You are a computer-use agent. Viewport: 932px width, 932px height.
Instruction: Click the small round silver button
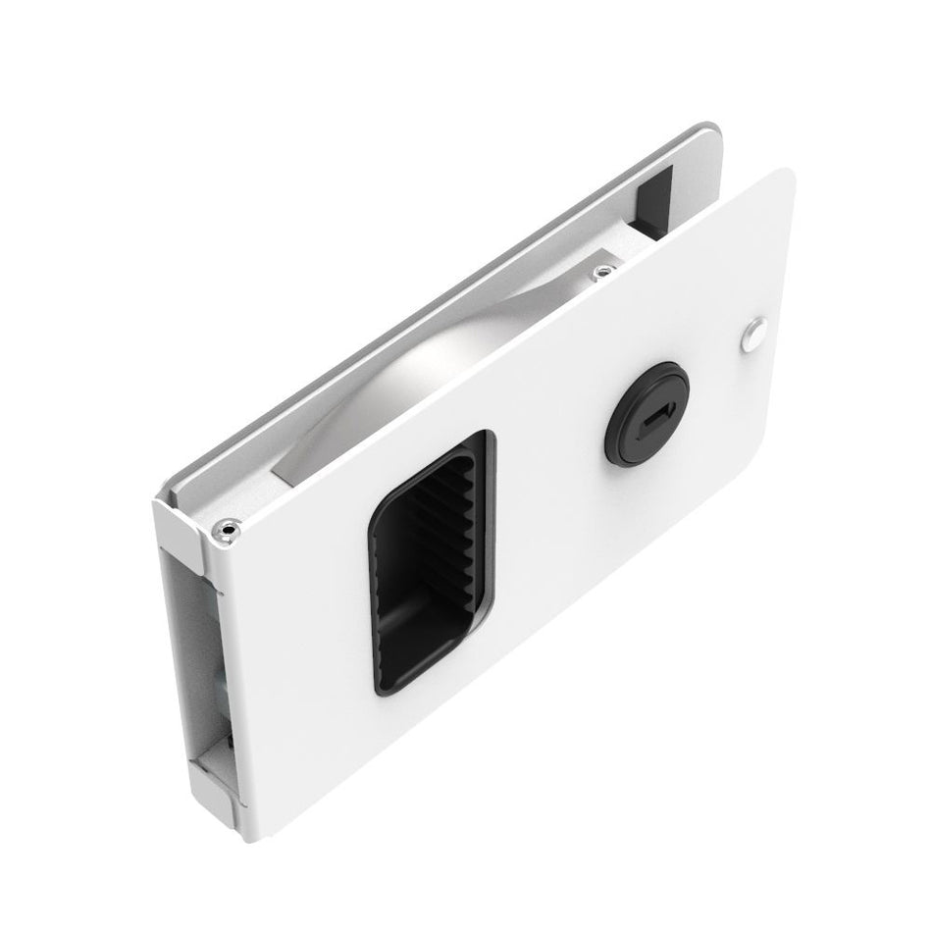tap(753, 334)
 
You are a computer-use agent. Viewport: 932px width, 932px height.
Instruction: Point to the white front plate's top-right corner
tap(785, 177)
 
